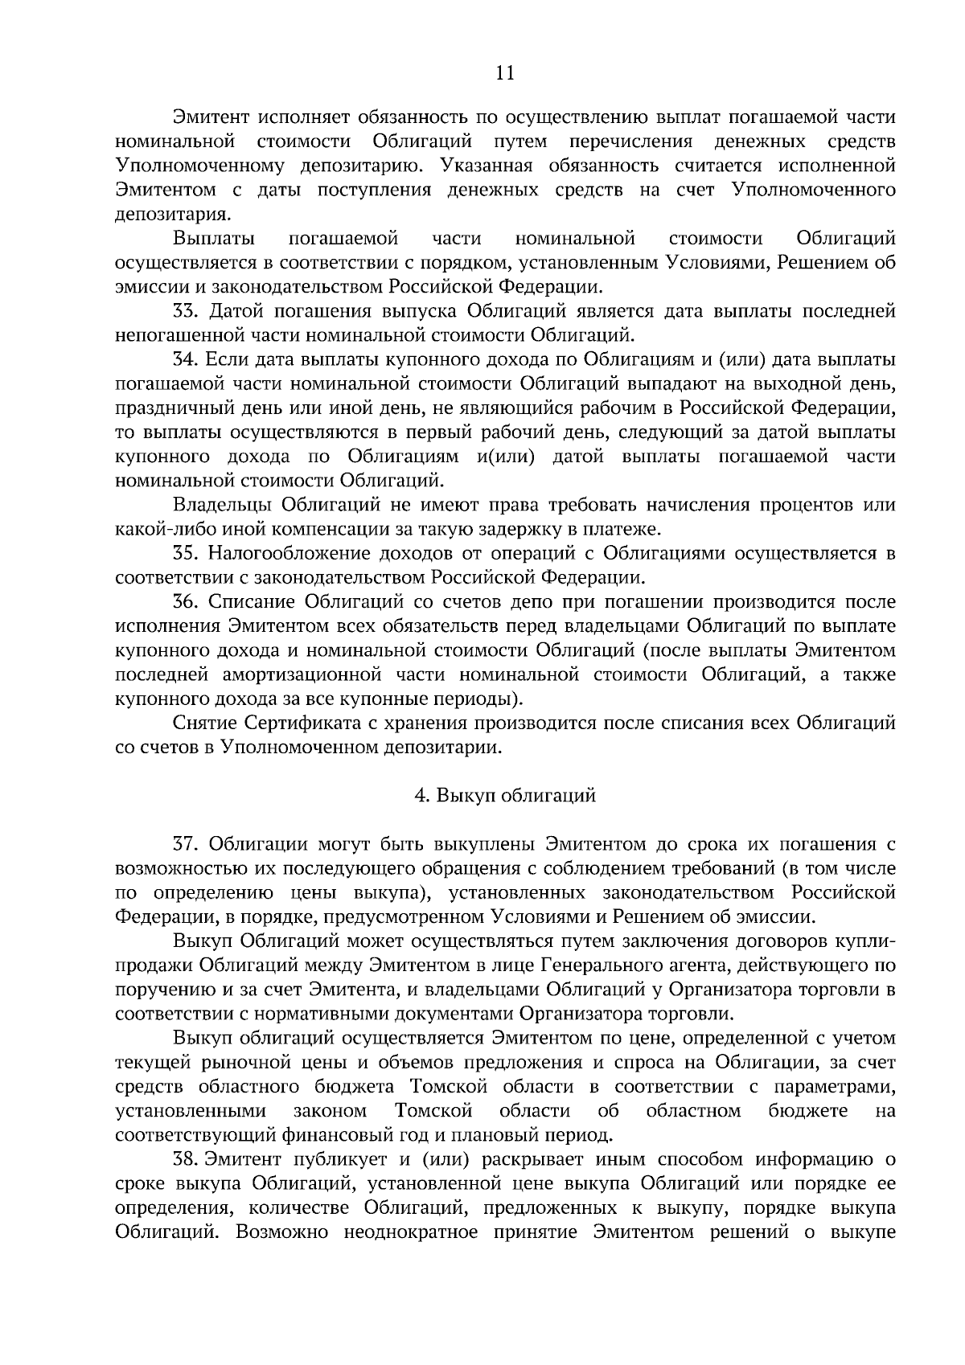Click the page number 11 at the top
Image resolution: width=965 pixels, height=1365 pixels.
click(504, 73)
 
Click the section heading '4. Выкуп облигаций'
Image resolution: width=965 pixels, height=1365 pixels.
click(504, 796)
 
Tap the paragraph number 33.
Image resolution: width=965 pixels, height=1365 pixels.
click(186, 311)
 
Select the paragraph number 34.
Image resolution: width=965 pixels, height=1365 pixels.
click(186, 359)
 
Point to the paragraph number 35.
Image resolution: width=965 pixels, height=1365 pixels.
click(186, 553)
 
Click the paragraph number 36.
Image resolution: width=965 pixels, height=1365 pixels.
click(186, 601)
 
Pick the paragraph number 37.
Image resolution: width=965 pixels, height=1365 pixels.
click(186, 844)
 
